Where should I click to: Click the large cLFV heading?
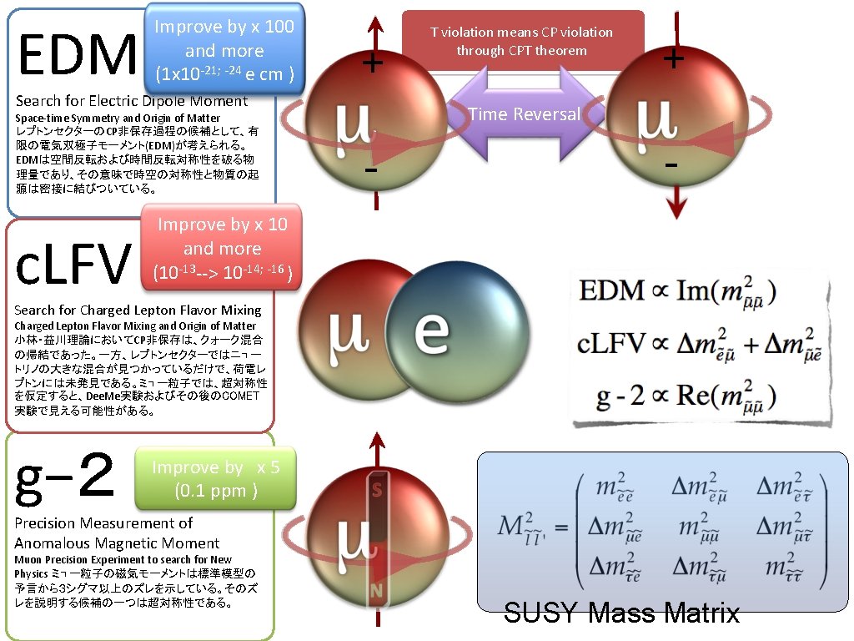[74, 265]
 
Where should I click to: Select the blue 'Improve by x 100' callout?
[224, 50]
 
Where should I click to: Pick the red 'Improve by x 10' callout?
[222, 248]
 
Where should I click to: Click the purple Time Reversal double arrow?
[524, 114]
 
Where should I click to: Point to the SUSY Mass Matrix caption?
[621, 614]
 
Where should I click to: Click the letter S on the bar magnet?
[377, 492]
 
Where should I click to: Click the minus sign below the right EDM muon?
[671, 164]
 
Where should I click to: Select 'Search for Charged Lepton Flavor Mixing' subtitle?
[138, 310]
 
